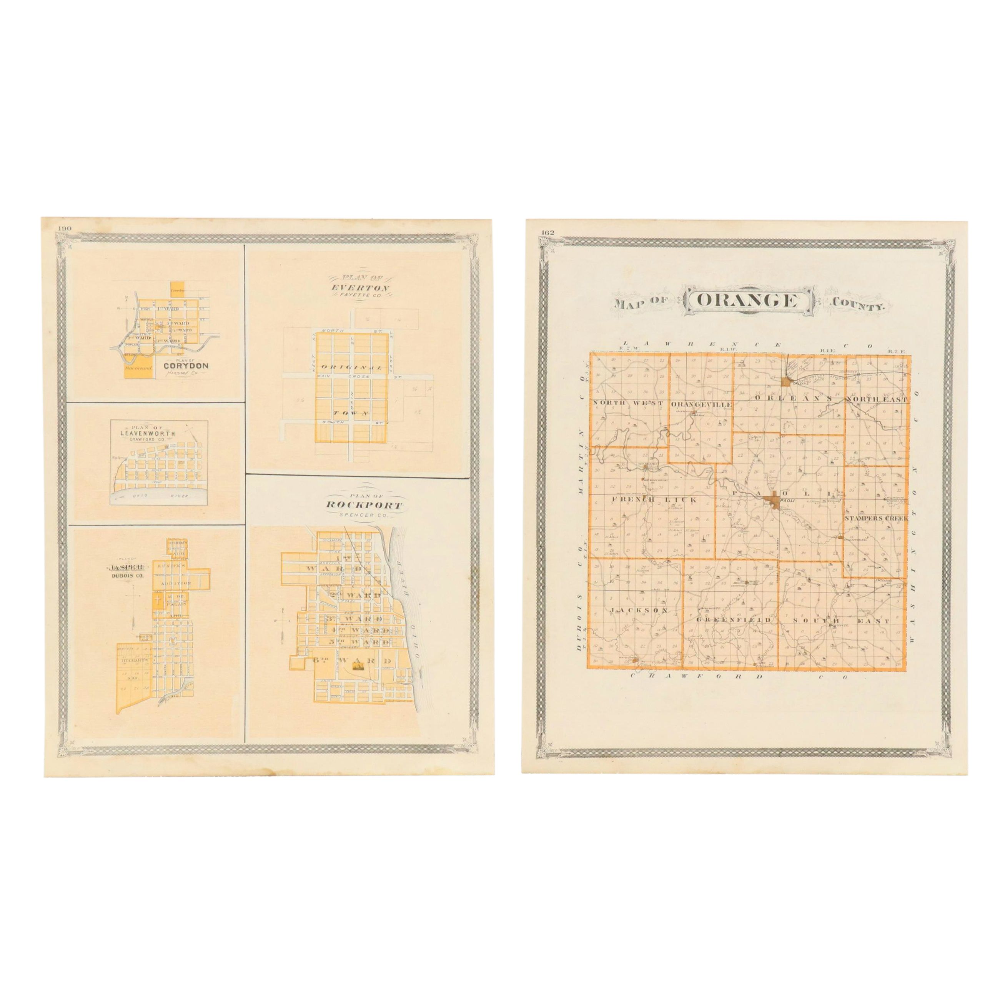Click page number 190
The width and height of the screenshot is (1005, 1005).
(65, 228)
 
